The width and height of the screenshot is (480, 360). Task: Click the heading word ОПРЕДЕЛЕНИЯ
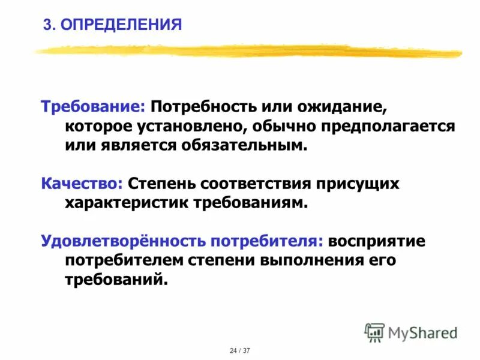[x=121, y=25]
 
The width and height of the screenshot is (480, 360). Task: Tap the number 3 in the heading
[x=47, y=25]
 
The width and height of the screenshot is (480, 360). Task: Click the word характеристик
[x=126, y=202]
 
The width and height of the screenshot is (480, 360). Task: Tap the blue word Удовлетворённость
[x=122, y=241]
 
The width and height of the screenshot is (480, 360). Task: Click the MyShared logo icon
[x=374, y=332]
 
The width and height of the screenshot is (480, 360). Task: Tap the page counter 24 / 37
[x=240, y=350]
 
